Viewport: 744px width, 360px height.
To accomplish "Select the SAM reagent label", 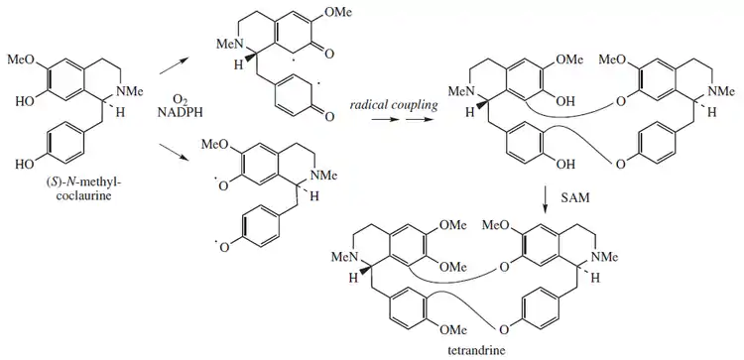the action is tap(574, 197).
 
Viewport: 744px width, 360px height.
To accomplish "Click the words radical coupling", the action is tap(394, 105).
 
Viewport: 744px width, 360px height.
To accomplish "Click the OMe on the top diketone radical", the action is tap(339, 13).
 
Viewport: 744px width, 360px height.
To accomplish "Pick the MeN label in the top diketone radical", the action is tap(229, 45).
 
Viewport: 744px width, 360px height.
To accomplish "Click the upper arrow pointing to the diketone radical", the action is tap(174, 65).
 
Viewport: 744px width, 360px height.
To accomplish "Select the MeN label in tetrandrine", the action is tap(343, 258).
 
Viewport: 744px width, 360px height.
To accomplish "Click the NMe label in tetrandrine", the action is tap(605, 258).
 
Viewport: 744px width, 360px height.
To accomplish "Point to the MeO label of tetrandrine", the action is tap(495, 224).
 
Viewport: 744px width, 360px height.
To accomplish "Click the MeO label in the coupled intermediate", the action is tap(613, 60).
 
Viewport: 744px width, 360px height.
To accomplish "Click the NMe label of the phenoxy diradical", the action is tap(323, 176).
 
